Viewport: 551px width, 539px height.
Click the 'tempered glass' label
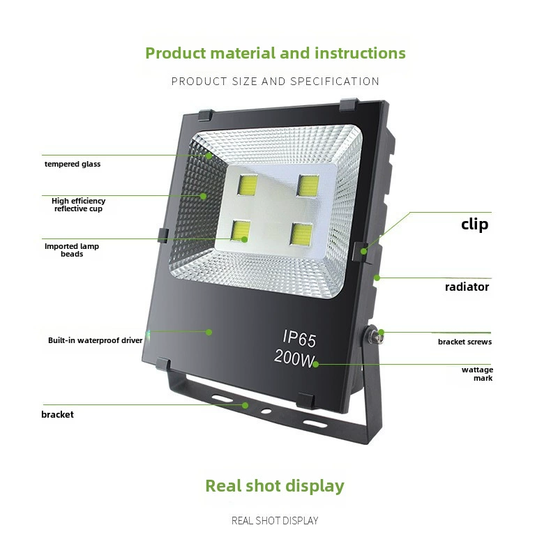point(73,164)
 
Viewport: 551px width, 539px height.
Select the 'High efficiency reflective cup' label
point(78,205)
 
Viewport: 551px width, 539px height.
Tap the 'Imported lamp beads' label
point(72,250)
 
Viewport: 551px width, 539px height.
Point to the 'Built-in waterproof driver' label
point(96,340)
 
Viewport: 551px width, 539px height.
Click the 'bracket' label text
point(57,415)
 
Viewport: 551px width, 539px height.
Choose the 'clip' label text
point(475,224)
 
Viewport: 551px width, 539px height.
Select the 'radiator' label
point(467,287)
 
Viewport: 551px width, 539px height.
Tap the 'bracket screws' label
point(465,342)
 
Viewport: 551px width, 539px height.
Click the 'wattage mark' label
point(477,374)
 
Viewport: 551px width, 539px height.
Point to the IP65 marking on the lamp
point(299,338)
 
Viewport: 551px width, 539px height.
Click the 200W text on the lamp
point(294,357)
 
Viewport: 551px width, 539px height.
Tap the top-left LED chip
point(248,185)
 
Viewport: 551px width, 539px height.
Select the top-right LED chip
point(308,185)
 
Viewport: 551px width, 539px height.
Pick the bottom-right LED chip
point(301,234)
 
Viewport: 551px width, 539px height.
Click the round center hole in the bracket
point(266,411)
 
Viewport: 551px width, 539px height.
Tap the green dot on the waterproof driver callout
point(209,332)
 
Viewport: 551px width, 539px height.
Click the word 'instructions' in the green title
point(360,53)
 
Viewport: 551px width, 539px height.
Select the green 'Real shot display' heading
point(275,486)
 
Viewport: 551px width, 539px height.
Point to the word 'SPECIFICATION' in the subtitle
point(335,82)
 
